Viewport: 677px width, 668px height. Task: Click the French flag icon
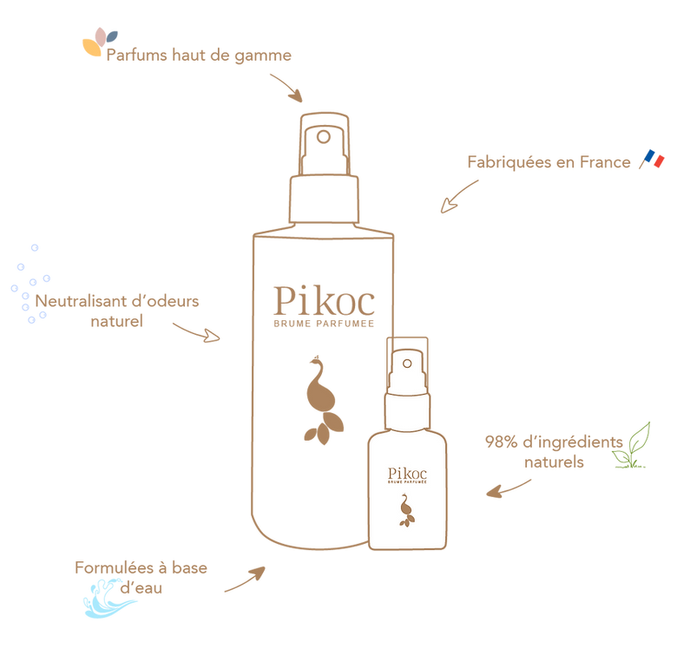click(x=652, y=160)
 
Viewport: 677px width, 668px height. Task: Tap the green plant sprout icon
click(x=633, y=446)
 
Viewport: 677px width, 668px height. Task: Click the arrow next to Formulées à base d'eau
click(x=246, y=580)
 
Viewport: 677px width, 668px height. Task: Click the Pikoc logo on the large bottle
click(x=324, y=300)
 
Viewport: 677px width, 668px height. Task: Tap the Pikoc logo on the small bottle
click(x=406, y=477)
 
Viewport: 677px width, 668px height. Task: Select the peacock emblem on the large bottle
click(x=321, y=399)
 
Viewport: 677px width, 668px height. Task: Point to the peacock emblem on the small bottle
click(x=405, y=509)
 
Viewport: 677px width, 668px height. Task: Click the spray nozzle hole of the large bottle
click(x=323, y=136)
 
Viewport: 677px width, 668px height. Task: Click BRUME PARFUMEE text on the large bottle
click(x=324, y=324)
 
